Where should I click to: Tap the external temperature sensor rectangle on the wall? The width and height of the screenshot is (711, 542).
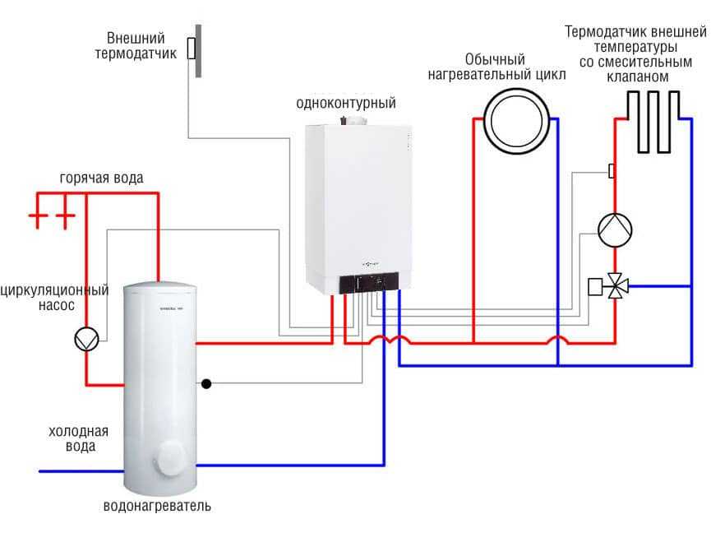click(191, 49)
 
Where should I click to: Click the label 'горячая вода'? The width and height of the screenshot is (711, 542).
click(101, 178)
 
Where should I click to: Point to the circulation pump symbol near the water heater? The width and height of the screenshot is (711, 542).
click(85, 339)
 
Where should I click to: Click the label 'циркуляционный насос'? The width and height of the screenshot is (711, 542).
click(55, 297)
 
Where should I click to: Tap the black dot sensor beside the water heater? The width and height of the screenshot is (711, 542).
click(206, 383)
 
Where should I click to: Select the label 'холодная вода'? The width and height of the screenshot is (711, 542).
click(79, 439)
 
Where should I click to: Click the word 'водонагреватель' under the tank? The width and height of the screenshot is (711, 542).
click(157, 506)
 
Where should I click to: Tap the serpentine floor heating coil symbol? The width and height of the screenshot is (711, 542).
click(653, 122)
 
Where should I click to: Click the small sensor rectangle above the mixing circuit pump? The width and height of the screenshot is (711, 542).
click(612, 171)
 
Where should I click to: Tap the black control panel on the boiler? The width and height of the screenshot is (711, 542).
click(373, 282)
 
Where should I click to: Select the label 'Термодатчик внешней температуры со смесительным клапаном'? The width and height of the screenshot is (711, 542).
click(636, 54)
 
